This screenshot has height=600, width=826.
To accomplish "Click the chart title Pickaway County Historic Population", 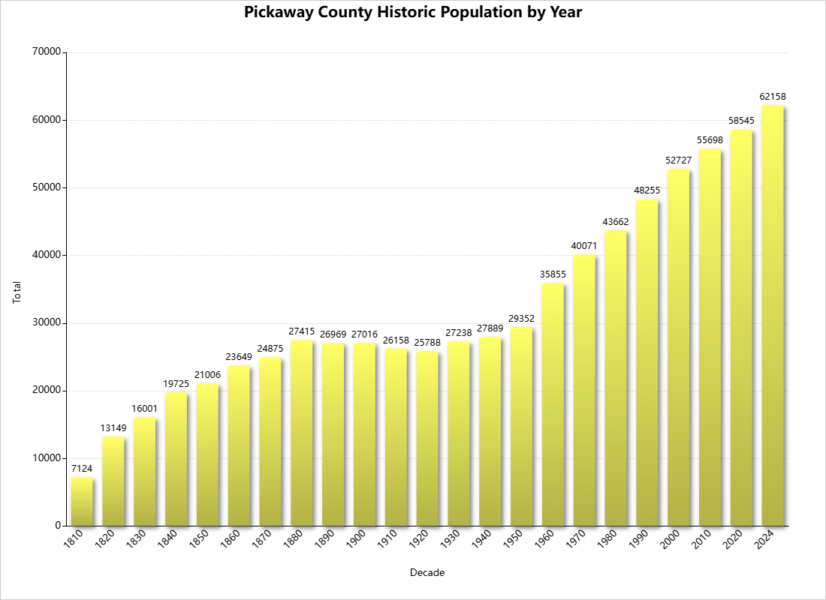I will (x=413, y=13).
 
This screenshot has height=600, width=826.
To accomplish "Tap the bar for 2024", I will (x=773, y=315).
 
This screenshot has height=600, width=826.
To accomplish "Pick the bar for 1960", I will (x=553, y=405).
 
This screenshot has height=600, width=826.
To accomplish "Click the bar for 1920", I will (x=427, y=439).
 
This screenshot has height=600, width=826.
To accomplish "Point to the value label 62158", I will (x=773, y=97).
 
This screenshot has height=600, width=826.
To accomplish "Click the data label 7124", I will (x=83, y=469).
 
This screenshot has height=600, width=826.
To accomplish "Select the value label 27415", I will (x=302, y=331).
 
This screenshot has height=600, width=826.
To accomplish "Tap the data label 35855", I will (x=553, y=274).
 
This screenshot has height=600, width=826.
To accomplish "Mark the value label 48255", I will (x=647, y=190).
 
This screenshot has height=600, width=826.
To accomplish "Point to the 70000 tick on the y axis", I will (x=47, y=52).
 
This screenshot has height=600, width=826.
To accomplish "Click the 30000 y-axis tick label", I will (x=47, y=322).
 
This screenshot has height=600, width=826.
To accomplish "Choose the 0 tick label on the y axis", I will (x=57, y=526).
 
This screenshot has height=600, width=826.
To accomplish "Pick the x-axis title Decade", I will (x=427, y=573).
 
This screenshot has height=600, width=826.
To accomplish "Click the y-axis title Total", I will (x=17, y=291).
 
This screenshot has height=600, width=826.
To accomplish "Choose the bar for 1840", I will (x=176, y=459).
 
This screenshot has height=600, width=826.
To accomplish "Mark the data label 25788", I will (x=427, y=342).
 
